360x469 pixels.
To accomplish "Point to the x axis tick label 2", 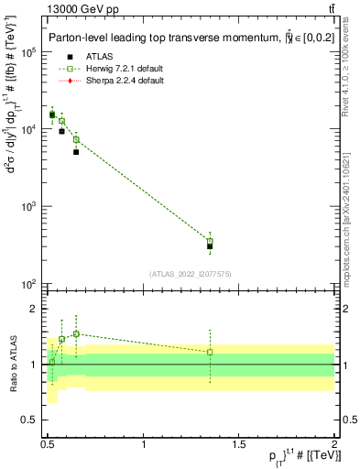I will pyautogui.click(x=333, y=444).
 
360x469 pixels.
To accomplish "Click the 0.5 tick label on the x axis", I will pyautogui.click(x=48, y=444).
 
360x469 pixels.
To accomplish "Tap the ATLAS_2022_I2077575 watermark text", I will pyautogui.click(x=190, y=274).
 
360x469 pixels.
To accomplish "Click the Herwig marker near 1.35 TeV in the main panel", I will pyautogui.click(x=210, y=241).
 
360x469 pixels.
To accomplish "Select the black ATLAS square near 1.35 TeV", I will pyautogui.click(x=210, y=246).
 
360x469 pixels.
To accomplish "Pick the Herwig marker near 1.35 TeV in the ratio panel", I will pyautogui.click(x=210, y=352).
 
